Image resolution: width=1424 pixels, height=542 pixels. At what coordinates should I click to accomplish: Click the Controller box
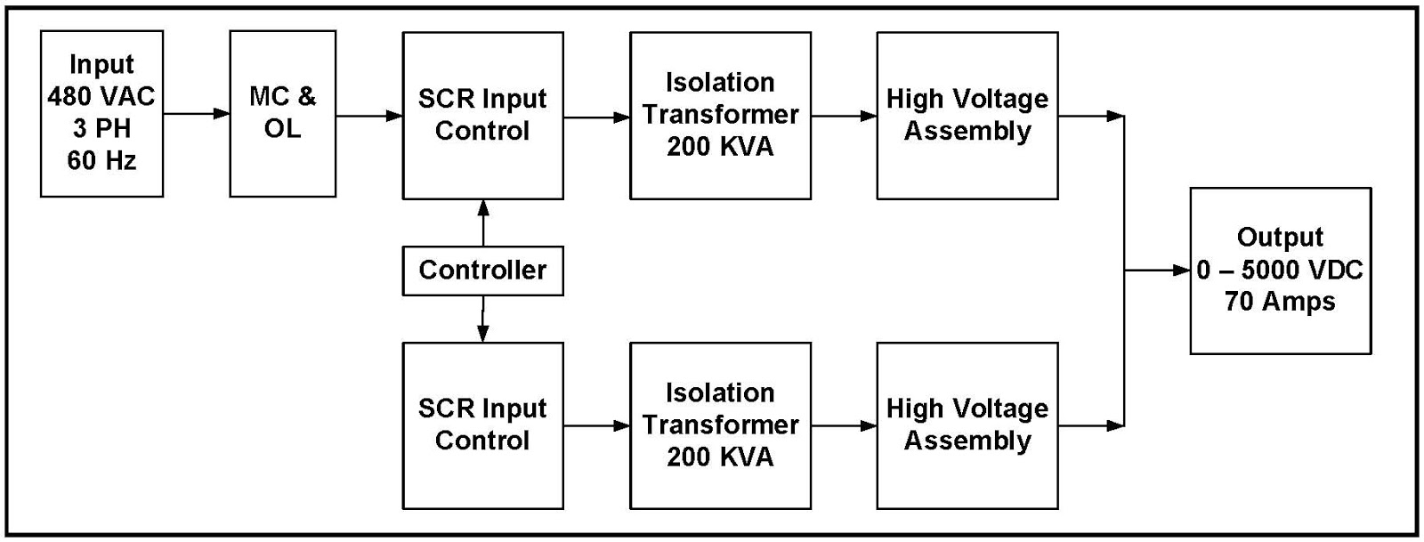coord(482,271)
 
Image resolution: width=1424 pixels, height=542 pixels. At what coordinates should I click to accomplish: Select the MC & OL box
coord(282,114)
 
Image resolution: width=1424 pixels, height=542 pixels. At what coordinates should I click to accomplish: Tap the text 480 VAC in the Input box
coord(101,96)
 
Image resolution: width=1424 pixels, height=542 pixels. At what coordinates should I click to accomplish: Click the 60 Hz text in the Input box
coord(101,161)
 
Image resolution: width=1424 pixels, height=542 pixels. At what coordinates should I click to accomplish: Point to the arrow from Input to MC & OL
coord(196,114)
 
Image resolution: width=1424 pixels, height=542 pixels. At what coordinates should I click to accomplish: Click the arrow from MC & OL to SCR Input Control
coord(368,116)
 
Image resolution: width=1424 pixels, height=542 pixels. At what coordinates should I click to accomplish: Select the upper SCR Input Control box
coord(482,116)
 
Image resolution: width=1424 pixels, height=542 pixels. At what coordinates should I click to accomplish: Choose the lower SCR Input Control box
coord(482,425)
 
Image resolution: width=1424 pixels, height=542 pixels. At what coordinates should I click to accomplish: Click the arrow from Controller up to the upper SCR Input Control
coord(483,222)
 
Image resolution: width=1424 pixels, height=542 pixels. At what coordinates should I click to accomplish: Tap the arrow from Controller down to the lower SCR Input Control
coord(483,319)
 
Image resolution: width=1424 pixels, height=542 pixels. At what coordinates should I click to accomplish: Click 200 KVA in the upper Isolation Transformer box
coord(720,147)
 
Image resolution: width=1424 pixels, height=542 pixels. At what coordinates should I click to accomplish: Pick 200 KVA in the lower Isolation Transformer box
coord(720,457)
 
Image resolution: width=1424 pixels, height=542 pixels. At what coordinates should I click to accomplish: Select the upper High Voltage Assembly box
coord(967,116)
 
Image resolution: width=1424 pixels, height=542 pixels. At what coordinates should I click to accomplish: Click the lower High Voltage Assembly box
coord(967,425)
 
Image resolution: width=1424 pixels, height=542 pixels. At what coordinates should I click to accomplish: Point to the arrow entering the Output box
coord(1158,271)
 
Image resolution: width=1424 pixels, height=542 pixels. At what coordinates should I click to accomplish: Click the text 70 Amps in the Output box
coord(1280,302)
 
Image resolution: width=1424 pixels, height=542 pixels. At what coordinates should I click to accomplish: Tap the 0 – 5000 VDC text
coord(1280,270)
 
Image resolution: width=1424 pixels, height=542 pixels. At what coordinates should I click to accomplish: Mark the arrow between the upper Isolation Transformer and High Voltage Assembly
coord(844,116)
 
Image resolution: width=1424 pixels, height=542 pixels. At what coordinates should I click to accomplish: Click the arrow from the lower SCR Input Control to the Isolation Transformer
coord(596,425)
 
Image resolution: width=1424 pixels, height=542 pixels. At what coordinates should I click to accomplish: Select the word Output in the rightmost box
coord(1280,238)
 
